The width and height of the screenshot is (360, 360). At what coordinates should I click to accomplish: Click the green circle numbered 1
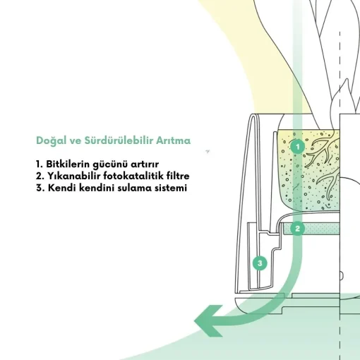[x=297, y=147]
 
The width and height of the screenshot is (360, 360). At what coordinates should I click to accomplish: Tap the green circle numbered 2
[x=297, y=229]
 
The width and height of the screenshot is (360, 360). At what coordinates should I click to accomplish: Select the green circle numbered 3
[x=260, y=263]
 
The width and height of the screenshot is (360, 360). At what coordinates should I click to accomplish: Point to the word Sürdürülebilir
[x=119, y=140]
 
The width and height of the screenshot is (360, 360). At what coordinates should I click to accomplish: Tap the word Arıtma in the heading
[x=174, y=140]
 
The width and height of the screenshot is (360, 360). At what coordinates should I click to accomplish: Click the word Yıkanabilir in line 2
[x=74, y=176]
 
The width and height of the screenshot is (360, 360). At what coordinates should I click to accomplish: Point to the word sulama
[x=134, y=188]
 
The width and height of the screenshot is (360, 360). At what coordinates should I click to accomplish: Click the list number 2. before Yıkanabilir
[x=40, y=176]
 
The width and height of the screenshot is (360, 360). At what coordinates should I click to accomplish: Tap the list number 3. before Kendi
[x=40, y=188]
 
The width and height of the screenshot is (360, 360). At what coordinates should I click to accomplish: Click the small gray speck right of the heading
[x=208, y=151]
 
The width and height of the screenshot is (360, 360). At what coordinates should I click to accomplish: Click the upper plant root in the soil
[x=323, y=150]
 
